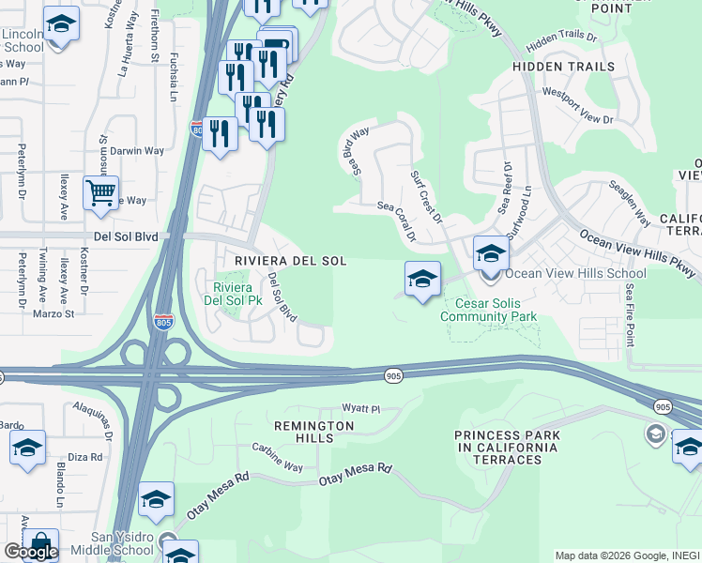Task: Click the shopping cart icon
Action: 100,193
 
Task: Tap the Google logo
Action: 31,552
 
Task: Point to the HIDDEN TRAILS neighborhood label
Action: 563,67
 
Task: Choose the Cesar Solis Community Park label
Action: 496,310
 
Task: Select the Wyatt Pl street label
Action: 360,409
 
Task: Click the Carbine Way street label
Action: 277,460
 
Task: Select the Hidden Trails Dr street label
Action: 561,41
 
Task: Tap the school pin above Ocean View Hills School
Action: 491,252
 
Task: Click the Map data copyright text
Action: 626,555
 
